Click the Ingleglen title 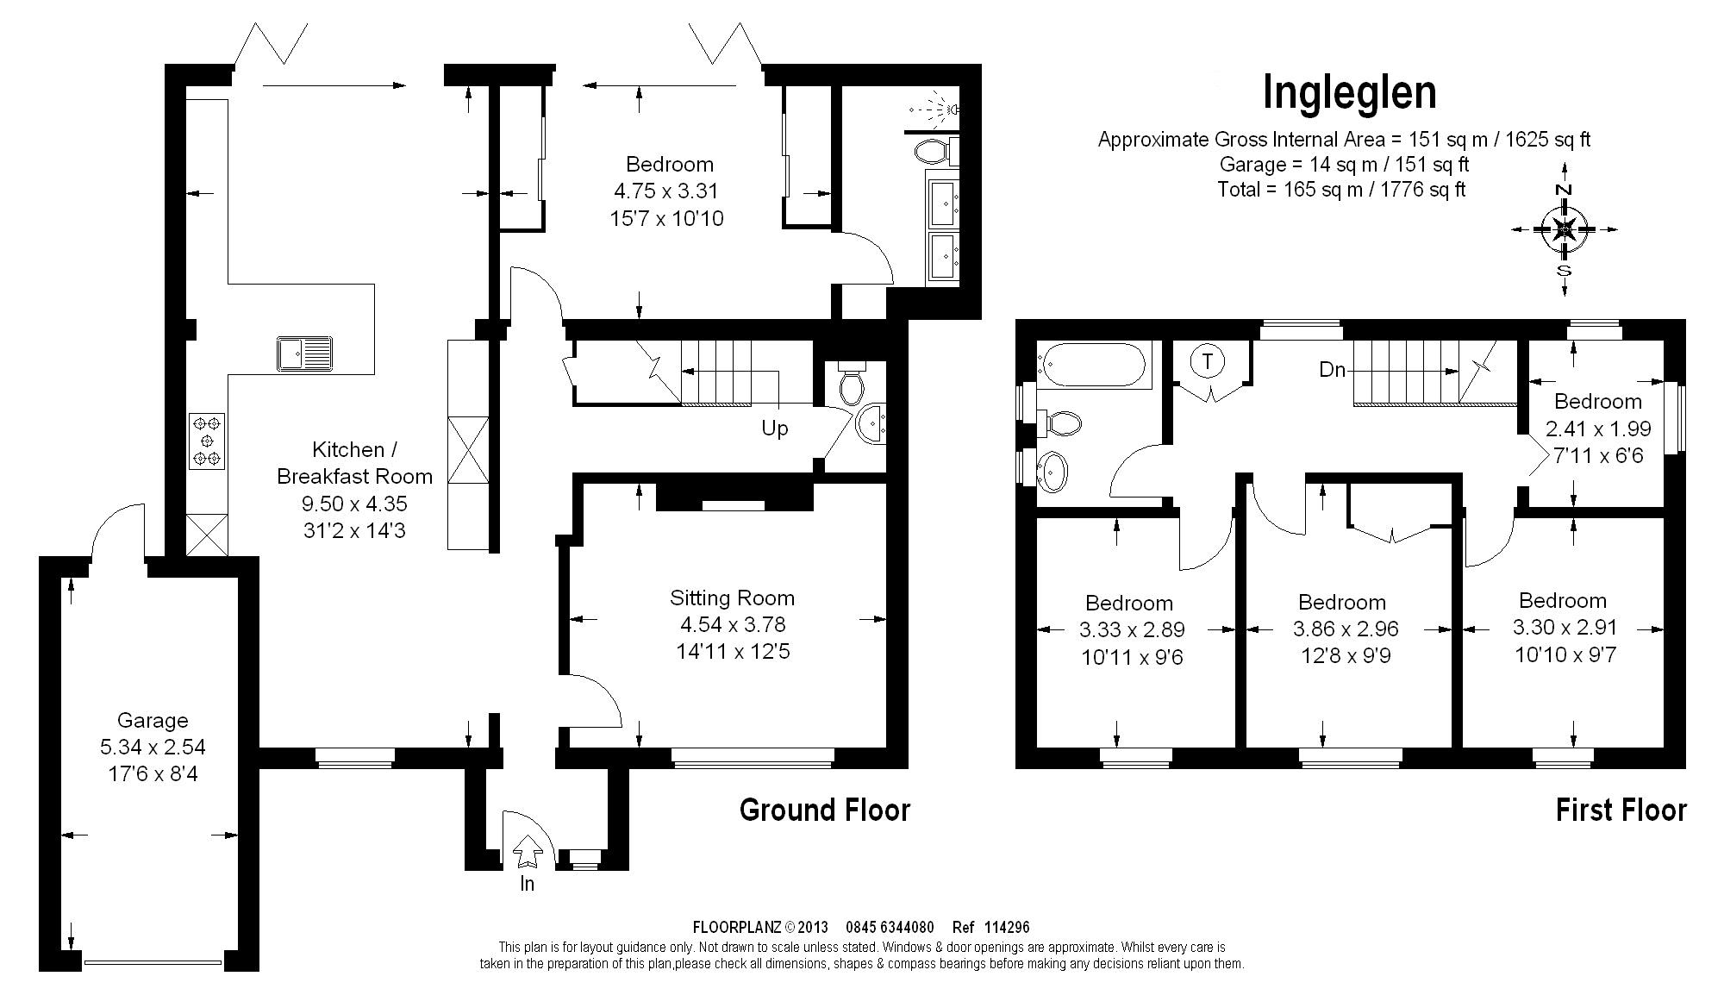pos(1350,93)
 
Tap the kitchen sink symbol pos(304,354)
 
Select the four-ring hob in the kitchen pos(207,441)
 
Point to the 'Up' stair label pos(774,429)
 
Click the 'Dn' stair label pos(1332,370)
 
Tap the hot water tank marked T pos(1208,362)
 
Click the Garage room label pos(153,720)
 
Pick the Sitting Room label pos(732,598)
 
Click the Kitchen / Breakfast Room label pos(354,462)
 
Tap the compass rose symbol pos(1565,229)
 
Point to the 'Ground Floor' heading pos(825,810)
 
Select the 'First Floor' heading pos(1621,810)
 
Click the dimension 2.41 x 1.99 pos(1598,429)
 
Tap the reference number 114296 pos(1006,928)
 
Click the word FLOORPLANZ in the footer pos(737,928)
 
